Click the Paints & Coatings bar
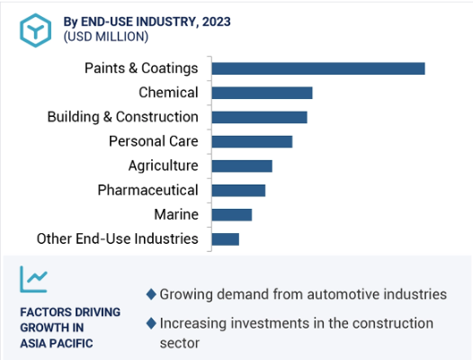click(318, 68)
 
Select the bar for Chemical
click(263, 93)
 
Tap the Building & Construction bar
click(259, 117)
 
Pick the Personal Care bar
click(252, 141)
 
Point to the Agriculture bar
click(242, 166)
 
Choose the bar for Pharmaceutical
click(238, 191)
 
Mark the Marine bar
click(232, 215)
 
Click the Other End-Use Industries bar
click(226, 239)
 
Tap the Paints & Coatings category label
click(141, 68)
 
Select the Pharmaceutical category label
click(147, 190)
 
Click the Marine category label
click(176, 214)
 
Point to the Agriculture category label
click(163, 166)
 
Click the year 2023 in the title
click(217, 22)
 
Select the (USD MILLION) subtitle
click(106, 37)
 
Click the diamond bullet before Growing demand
click(151, 294)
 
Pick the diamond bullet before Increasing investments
click(151, 323)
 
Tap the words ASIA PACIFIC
click(57, 344)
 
